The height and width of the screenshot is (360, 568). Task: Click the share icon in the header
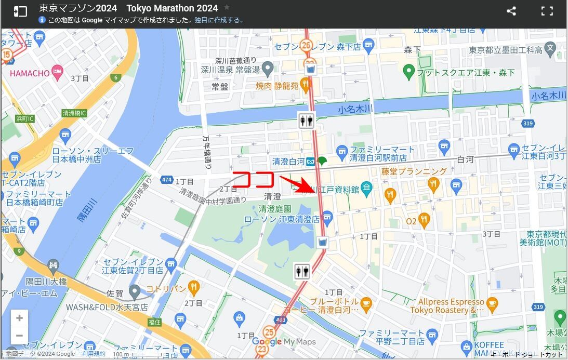point(511,11)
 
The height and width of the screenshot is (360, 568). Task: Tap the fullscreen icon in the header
point(547,11)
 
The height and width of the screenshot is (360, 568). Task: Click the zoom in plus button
point(19,318)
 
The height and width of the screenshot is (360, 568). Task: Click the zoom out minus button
point(19,336)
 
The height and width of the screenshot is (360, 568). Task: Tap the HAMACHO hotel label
point(30,73)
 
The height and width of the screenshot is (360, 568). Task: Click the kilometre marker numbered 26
point(306,46)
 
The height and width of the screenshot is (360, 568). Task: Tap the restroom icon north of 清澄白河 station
point(306,120)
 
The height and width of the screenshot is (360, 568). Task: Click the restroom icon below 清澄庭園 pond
point(302,271)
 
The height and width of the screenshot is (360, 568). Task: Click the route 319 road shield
point(528,124)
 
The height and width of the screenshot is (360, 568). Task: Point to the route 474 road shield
point(167,180)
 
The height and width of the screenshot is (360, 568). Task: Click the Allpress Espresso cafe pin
point(492,302)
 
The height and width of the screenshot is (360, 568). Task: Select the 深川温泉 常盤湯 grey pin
point(268,68)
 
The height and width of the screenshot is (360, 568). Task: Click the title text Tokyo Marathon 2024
point(172,8)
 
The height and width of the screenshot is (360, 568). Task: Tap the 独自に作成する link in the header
point(218,20)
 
